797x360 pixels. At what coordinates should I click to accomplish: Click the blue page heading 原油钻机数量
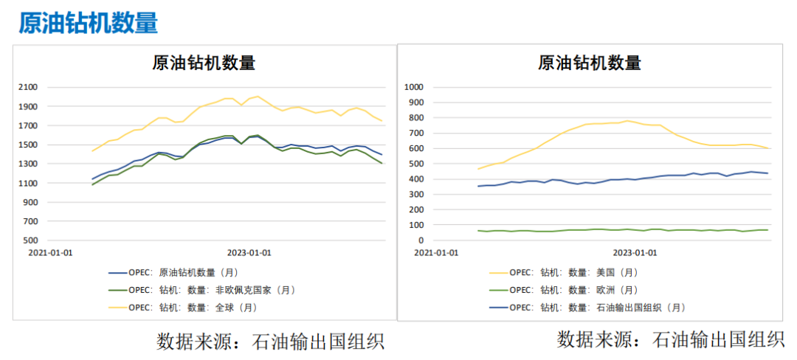[88, 23]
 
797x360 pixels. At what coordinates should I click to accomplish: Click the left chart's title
[204, 63]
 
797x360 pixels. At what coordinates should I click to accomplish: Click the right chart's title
[590, 63]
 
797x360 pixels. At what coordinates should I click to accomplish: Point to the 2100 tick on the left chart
[27, 87]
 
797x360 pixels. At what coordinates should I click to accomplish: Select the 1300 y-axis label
[27, 164]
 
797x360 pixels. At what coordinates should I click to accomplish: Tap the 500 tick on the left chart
[30, 240]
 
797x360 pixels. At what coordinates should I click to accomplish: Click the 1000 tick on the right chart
[413, 87]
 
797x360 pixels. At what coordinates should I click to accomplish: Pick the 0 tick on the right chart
[419, 240]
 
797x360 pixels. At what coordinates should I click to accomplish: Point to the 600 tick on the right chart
[415, 148]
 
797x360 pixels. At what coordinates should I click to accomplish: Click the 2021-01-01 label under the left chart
[50, 252]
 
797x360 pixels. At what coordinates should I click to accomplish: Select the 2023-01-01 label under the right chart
[635, 252]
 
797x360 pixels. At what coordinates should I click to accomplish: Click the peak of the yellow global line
[256, 96]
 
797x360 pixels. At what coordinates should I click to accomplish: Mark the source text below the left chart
[270, 342]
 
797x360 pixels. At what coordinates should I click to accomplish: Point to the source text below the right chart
[670, 339]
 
